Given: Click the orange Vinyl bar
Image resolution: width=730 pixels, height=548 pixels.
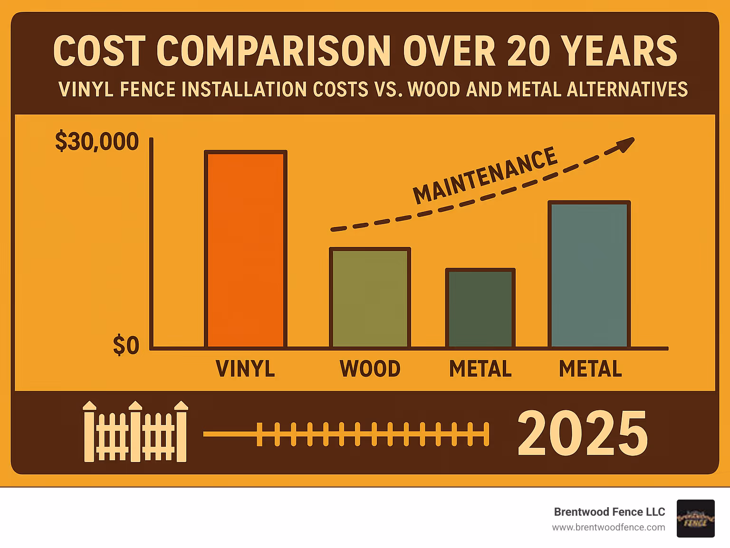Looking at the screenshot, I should pyautogui.click(x=246, y=249).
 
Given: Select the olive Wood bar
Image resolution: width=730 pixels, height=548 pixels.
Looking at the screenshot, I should pyautogui.click(x=370, y=298).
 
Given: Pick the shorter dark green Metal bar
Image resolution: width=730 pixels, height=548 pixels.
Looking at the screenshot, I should pyautogui.click(x=480, y=308).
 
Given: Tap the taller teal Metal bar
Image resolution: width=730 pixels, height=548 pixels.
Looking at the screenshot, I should pyautogui.click(x=589, y=274).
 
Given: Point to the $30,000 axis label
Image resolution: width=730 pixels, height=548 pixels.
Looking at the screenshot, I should pyautogui.click(x=96, y=142).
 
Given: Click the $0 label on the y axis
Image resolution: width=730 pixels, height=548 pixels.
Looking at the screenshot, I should pyautogui.click(x=126, y=345).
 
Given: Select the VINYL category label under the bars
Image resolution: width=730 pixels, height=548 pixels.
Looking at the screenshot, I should pyautogui.click(x=245, y=369).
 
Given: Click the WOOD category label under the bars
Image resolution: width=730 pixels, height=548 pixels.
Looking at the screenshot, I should pyautogui.click(x=370, y=369).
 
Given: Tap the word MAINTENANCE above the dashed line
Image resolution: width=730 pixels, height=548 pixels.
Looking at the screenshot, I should pyautogui.click(x=484, y=175).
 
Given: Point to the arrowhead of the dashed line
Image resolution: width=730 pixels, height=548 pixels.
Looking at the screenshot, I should pyautogui.click(x=626, y=144).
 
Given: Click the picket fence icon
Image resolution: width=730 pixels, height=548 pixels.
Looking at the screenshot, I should pyautogui.click(x=135, y=432).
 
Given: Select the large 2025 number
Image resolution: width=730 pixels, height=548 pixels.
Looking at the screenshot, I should pyautogui.click(x=582, y=433).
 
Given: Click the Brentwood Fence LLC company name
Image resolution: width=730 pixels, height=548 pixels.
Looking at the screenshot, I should pyautogui.click(x=609, y=512).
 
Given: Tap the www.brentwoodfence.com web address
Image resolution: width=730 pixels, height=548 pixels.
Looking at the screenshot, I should pyautogui.click(x=608, y=527).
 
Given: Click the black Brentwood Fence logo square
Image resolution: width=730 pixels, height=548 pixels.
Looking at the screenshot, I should pyautogui.click(x=695, y=519).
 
